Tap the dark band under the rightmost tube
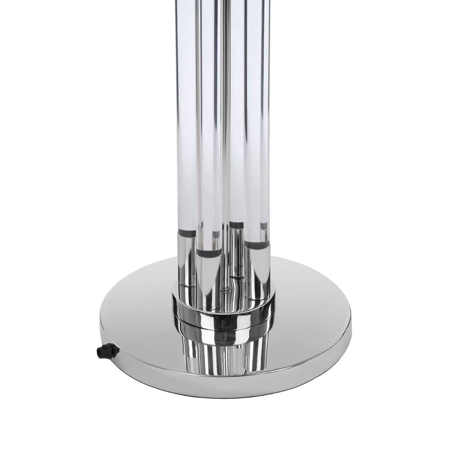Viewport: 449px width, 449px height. click(257, 245)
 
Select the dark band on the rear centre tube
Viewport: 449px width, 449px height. click(236, 224)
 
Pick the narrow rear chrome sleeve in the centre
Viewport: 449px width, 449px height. click(236, 251)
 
